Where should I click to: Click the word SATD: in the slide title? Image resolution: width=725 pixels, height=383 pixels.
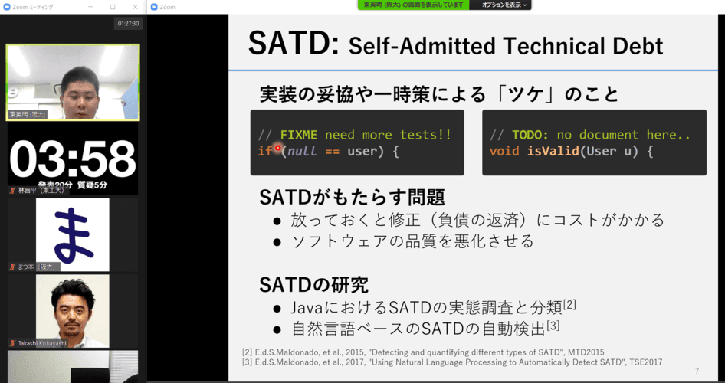click(293, 44)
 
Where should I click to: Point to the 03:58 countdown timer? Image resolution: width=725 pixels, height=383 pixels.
click(72, 159)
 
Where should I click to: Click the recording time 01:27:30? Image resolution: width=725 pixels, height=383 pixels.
click(128, 24)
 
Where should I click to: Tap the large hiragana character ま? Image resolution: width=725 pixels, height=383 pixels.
click(72, 234)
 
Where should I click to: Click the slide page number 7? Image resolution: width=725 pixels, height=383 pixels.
click(697, 372)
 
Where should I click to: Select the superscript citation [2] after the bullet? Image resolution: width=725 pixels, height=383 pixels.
click(569, 305)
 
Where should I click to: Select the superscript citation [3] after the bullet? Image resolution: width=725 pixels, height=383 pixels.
click(553, 326)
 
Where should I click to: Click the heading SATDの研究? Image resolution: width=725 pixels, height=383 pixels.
click(313, 285)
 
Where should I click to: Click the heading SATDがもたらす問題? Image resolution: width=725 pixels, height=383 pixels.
click(352, 197)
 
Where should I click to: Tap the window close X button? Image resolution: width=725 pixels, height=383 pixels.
click(133, 6)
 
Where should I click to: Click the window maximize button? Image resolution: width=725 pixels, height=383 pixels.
click(113, 6)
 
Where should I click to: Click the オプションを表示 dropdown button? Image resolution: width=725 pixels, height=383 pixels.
click(505, 5)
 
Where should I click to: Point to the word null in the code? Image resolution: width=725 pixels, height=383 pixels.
click(302, 151)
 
